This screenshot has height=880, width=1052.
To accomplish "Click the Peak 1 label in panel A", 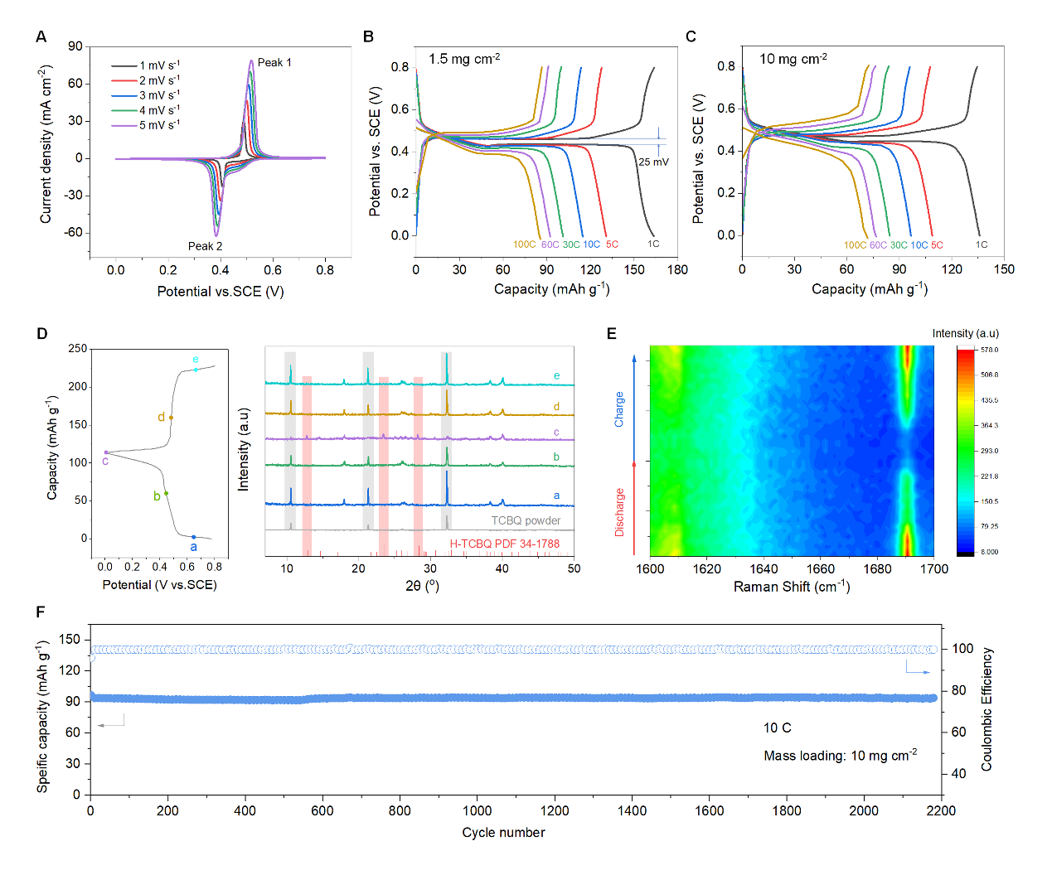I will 274,63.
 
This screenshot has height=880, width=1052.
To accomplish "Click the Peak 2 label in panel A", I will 205,246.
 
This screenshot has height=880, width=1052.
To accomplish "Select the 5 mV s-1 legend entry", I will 158,125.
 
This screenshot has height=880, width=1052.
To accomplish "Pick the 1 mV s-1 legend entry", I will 158,65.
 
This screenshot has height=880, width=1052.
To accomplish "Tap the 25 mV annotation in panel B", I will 653,162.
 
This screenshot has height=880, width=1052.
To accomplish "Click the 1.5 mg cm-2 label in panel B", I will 464,59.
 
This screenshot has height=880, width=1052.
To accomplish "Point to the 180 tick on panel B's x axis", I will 677,269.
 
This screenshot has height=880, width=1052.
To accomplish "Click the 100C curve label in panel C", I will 855,245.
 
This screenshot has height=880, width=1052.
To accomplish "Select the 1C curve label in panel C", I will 982,245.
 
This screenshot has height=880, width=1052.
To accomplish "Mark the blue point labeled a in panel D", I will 194,537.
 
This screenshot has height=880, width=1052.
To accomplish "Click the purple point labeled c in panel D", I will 106,452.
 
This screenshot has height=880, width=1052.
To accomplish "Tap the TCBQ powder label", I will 526,521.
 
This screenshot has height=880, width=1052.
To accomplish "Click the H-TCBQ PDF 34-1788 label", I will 504,544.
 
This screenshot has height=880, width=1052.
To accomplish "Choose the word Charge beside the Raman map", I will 619,409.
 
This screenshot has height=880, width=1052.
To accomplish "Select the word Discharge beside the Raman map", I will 619,512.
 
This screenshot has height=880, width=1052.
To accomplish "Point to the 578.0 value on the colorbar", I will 990,350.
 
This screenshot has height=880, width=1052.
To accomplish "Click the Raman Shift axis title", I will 792,587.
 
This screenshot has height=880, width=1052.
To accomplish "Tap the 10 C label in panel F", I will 777,728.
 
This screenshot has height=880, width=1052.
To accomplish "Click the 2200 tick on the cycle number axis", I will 941,811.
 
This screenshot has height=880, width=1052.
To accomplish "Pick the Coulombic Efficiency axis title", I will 987,709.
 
